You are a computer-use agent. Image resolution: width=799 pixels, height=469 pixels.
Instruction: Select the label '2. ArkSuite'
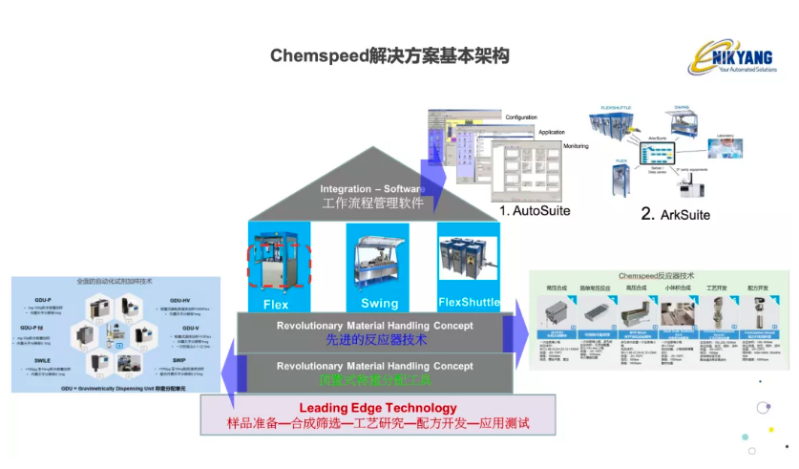click(x=675, y=215)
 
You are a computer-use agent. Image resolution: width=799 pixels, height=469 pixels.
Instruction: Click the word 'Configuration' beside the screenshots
click(x=521, y=117)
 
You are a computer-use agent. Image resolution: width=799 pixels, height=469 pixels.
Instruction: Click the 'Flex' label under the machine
click(x=275, y=304)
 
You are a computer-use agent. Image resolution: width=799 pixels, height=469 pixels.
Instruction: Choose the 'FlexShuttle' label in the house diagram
click(x=470, y=303)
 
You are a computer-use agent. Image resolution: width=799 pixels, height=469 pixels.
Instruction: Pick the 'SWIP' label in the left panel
click(x=179, y=361)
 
